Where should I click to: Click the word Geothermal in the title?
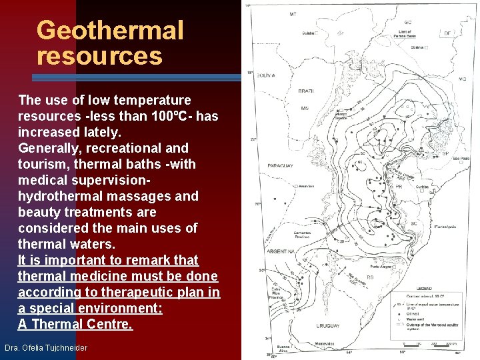[x=110, y=30]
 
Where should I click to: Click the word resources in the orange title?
[x=99, y=55]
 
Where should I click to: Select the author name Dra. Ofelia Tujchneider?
[x=46, y=348]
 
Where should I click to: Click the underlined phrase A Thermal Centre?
[x=75, y=324]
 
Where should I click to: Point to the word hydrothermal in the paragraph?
[x=61, y=196]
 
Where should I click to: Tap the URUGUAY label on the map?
[x=329, y=326]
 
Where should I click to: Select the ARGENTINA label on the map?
[x=281, y=252]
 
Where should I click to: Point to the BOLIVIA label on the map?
[x=265, y=76]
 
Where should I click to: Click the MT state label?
[x=293, y=14]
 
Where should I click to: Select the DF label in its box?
[x=447, y=33]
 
